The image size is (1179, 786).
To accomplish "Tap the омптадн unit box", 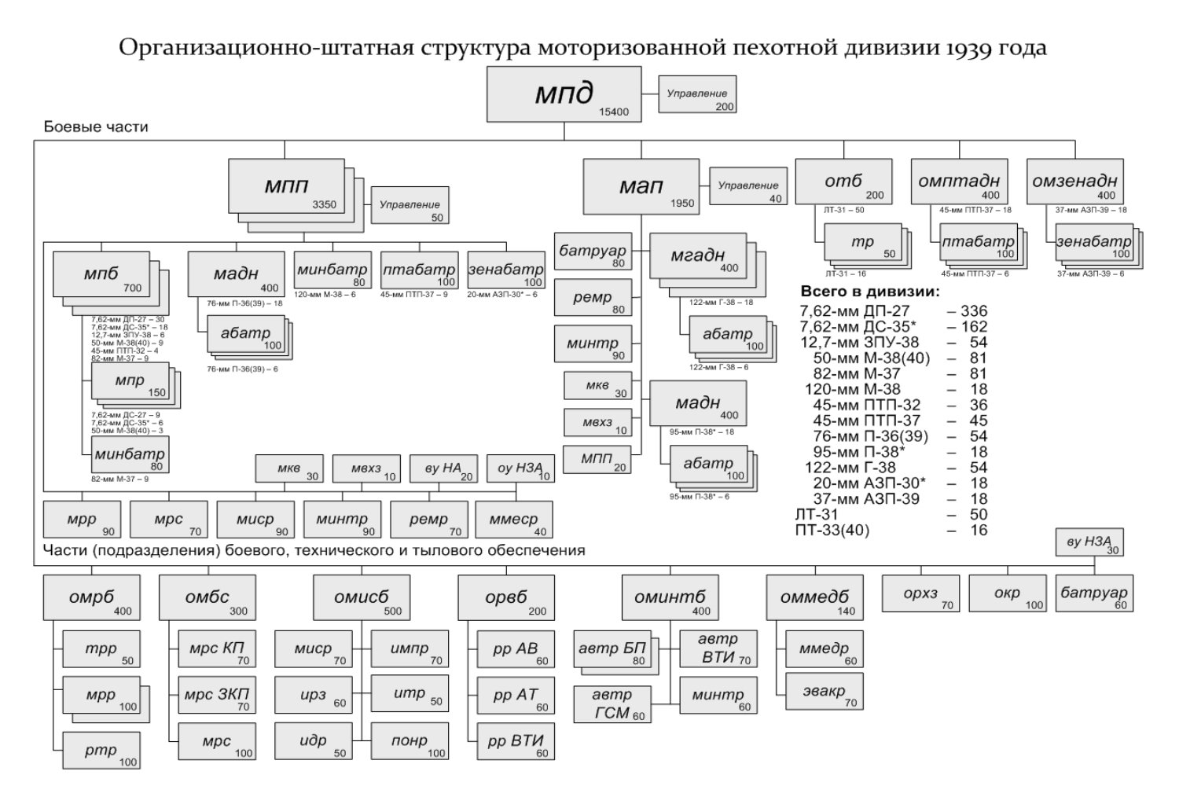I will pos(959,182).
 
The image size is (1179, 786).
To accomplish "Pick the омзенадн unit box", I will pos(1074,182).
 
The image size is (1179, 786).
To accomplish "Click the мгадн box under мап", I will pos(698,255).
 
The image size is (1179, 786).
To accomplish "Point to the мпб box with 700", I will pos(101,274).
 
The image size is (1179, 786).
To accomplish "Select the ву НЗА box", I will pos(1089,542).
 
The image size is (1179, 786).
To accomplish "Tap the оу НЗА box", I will pos(520,469).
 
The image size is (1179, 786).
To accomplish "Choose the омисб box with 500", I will pos(362,597).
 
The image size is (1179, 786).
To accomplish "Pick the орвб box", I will pos(506,597).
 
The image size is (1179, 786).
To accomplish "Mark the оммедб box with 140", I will pos(814,597).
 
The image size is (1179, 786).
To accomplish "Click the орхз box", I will pos(920,594).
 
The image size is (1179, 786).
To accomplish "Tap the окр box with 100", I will pos(1008,594).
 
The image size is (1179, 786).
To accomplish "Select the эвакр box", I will pos(823,692).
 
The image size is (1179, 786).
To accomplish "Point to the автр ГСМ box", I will pos(612,704).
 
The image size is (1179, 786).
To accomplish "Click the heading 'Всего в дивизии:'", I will pos(869,292).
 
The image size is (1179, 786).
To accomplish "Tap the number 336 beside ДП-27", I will pos(973,310).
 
